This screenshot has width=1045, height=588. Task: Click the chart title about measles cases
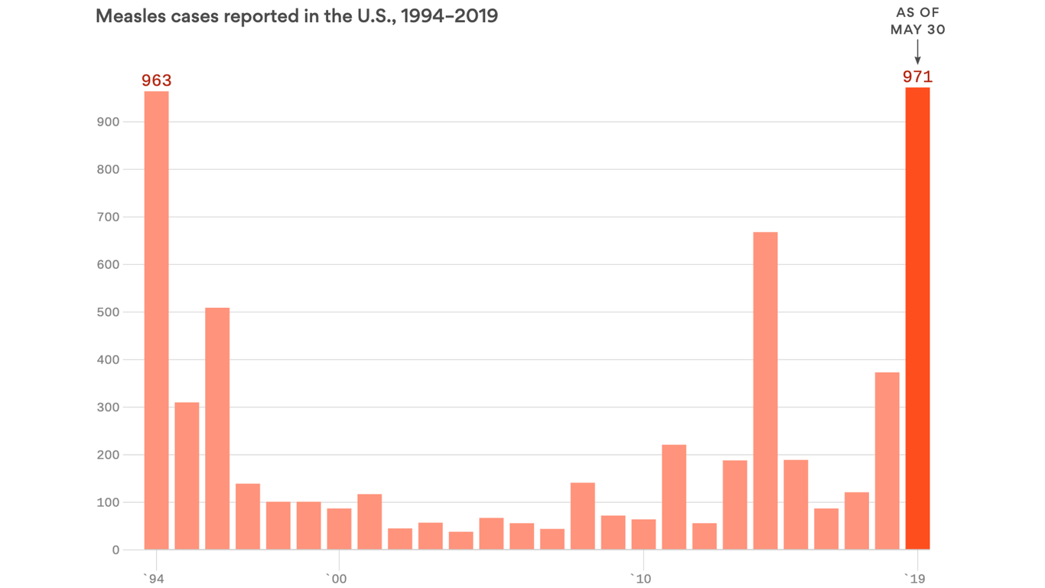coord(297,16)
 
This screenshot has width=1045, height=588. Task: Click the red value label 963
coord(157,80)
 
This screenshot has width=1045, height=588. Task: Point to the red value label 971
coord(917,77)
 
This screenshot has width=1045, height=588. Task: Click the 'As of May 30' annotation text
coord(917,21)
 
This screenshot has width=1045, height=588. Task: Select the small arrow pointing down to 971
coord(917,53)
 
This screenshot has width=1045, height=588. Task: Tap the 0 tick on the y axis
coord(116,550)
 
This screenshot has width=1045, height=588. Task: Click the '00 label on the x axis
coord(337,578)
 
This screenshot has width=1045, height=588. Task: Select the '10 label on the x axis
coord(641,578)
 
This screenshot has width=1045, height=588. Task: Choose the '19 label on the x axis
coord(915,578)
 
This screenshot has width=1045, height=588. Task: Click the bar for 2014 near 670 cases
coord(765,390)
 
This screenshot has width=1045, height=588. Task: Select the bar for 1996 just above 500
coord(217,429)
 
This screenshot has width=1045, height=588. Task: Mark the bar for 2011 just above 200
coord(674,497)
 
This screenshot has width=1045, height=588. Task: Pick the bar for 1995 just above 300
coord(187,475)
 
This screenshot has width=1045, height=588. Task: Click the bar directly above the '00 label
coord(339,529)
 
